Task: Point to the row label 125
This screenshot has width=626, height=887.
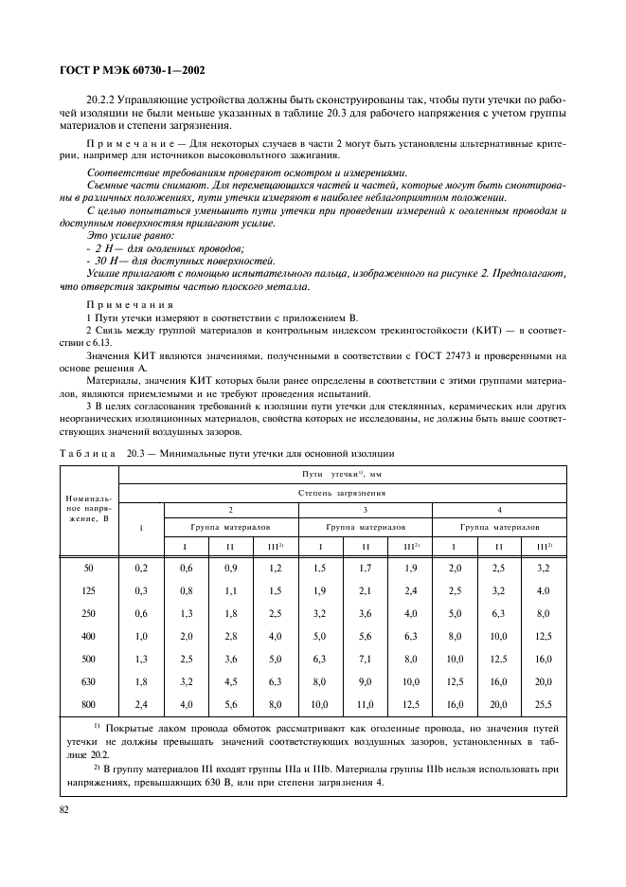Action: pos(89,591)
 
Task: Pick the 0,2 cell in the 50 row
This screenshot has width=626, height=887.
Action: pos(142,567)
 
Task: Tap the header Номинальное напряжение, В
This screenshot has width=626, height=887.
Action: pos(89,508)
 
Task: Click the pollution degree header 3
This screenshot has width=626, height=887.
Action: pos(365,509)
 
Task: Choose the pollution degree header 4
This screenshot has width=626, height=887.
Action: pos(499,509)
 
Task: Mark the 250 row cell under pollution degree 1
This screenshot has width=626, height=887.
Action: pos(142,613)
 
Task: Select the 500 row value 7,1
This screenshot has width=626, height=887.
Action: pos(366,658)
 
